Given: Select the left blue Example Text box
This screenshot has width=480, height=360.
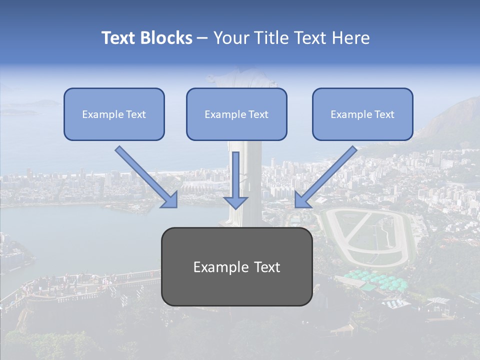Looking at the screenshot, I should tap(114, 114).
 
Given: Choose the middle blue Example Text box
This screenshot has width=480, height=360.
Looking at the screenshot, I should tap(236, 114).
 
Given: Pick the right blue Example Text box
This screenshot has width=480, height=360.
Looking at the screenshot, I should tap(362, 114).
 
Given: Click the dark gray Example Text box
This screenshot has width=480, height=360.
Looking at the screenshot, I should tap(236, 266).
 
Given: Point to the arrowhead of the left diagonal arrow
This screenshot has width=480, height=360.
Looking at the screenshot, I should tap(170, 200).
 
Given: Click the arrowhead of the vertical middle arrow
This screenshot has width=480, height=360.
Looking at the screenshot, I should tap(235, 202).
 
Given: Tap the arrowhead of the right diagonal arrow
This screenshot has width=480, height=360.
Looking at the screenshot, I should tap(301, 200).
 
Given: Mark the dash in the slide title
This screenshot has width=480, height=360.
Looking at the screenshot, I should tap(202, 38).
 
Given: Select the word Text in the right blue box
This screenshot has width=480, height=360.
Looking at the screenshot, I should tap(384, 114).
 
